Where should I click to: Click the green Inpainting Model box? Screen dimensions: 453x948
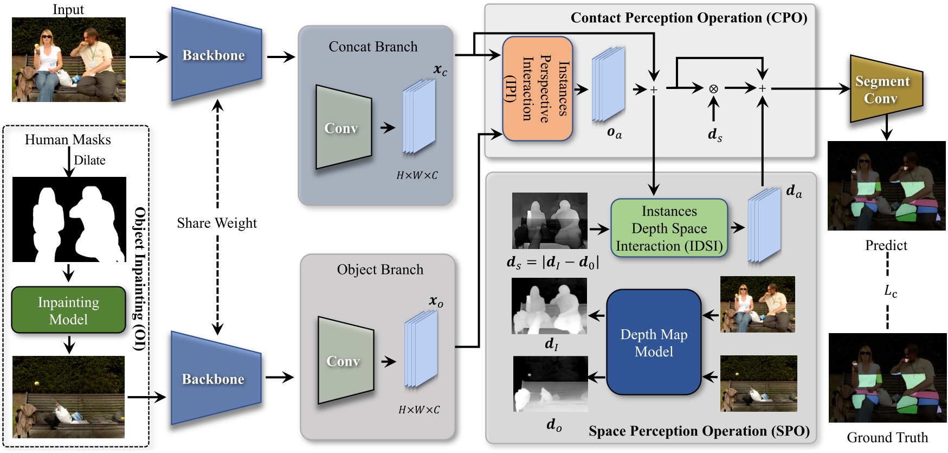[68, 310]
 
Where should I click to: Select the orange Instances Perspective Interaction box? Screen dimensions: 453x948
[537, 89]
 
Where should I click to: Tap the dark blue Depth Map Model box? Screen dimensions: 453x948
[654, 342]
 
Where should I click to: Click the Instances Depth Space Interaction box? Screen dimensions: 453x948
[669, 228]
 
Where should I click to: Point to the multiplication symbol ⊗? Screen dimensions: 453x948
[713, 88]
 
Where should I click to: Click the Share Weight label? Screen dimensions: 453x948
[217, 223]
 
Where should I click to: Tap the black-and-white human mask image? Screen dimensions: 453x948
[69, 219]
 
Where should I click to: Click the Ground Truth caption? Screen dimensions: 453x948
[887, 437]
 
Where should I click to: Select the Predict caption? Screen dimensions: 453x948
[886, 245]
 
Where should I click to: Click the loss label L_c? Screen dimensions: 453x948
[890, 291]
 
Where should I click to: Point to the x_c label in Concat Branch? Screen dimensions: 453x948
[440, 69]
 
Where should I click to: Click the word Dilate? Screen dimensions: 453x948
[89, 160]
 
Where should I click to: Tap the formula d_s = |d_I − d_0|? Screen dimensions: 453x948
[552, 263]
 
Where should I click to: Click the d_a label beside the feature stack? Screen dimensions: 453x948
[794, 191]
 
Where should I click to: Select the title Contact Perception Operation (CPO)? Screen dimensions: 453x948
[688, 18]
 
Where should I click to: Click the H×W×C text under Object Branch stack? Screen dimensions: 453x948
[419, 410]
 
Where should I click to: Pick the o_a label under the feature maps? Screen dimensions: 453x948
[614, 132]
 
